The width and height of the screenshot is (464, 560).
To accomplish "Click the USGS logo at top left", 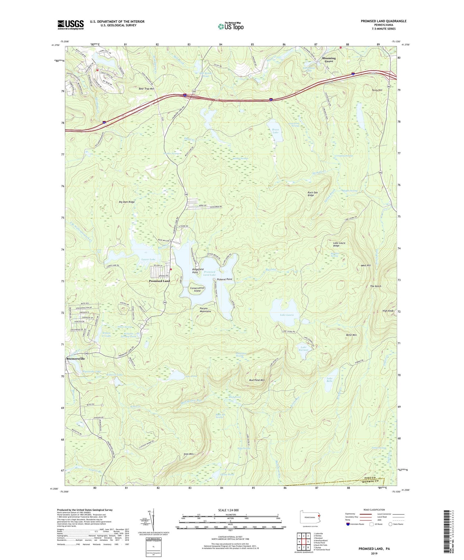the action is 71,25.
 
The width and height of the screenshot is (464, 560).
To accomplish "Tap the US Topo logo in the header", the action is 231,26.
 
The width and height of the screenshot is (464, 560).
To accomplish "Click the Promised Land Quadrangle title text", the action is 383,21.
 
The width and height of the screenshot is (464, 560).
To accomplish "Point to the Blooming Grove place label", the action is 329,60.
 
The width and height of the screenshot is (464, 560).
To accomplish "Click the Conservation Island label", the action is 197,289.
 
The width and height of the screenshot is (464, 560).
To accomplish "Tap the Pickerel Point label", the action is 224,279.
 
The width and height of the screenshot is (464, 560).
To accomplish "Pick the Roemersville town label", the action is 75,359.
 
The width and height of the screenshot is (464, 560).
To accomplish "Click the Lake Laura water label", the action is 286,315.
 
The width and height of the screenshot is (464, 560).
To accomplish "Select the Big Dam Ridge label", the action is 127,202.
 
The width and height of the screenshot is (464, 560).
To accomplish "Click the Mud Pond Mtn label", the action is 257,380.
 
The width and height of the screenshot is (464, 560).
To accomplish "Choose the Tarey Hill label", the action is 377,90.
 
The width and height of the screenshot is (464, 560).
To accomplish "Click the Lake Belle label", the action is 329,380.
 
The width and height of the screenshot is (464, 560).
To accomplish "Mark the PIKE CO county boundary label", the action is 372,478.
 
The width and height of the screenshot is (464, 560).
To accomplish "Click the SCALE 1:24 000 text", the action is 228,510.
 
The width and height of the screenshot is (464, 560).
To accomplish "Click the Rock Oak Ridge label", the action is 312,194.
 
